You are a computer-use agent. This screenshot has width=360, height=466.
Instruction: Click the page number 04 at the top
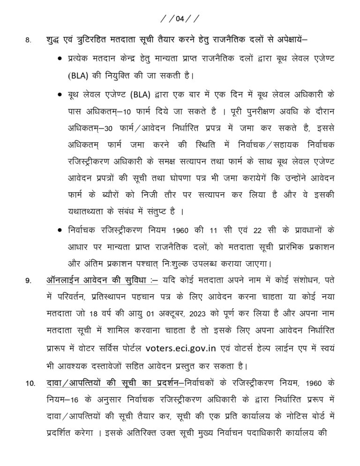(x=180, y=19)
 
